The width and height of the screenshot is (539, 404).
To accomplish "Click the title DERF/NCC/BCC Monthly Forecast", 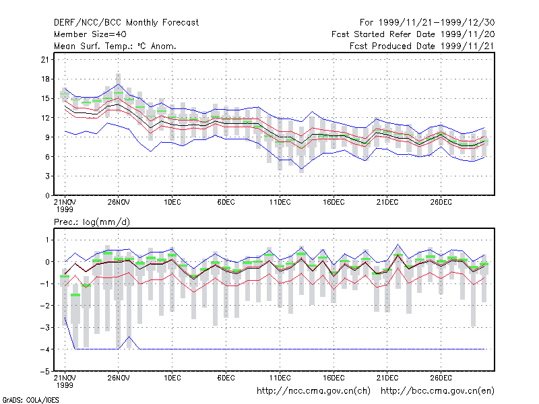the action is tap(126, 23).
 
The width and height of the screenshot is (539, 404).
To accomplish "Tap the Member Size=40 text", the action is tap(90, 34).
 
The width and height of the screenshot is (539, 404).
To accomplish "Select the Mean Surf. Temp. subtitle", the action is tap(115, 46).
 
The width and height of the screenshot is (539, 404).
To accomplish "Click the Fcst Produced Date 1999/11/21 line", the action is tap(422, 46).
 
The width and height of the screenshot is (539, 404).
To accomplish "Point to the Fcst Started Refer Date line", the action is tap(413, 34).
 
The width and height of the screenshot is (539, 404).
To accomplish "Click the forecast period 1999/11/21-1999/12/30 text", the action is tap(427, 23).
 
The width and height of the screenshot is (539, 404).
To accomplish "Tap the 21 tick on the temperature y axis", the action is tap(45, 60).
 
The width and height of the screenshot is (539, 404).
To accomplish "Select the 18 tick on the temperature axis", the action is tap(45, 79).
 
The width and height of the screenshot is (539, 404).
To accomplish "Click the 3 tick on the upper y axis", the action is tap(47, 176).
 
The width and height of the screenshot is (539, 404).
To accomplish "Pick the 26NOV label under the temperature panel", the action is tap(119, 202).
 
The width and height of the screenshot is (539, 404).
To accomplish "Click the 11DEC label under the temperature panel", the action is tap(280, 202).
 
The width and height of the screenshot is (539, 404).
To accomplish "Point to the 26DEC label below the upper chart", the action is tap(441, 202).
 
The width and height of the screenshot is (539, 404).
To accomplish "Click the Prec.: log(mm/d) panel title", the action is tap(92, 222).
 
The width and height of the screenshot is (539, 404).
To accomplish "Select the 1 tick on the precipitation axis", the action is tap(47, 240).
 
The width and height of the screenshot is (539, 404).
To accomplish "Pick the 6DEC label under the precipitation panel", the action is tap(226, 378).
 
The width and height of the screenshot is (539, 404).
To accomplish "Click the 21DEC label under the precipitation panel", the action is tap(387, 378).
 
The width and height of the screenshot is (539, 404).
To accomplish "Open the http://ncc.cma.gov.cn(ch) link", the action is tap(313, 391).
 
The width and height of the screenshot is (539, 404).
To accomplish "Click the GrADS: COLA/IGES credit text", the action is tap(30, 400).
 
